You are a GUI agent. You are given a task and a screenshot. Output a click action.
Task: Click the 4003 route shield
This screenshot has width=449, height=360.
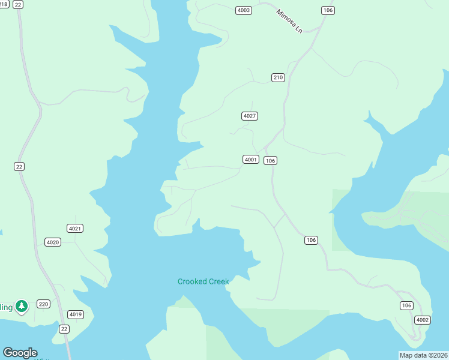click(x=244, y=10)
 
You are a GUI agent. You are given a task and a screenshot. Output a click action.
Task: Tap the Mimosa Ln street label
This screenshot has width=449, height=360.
click(x=289, y=21)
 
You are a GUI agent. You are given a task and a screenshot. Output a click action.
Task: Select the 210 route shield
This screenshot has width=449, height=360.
click(x=277, y=77)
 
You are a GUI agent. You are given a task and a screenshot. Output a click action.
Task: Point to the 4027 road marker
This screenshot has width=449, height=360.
click(x=250, y=116)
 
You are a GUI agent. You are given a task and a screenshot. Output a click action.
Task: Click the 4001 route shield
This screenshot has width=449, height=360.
click(x=250, y=159)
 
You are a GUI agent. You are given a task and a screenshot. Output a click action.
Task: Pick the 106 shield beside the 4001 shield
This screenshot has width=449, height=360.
click(x=270, y=160)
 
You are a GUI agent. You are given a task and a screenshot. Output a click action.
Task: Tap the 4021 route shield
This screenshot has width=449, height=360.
click(x=75, y=228)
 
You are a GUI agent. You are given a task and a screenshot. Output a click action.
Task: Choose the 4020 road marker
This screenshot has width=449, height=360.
click(x=53, y=242)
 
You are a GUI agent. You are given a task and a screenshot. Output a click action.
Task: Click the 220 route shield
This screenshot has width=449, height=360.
click(x=43, y=304)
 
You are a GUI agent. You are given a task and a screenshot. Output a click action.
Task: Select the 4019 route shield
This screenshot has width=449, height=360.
click(x=76, y=314)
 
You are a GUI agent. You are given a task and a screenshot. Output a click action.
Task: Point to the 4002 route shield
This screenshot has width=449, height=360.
click(x=423, y=320)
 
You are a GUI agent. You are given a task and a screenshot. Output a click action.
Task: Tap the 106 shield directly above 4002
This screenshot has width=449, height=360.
click(x=406, y=305)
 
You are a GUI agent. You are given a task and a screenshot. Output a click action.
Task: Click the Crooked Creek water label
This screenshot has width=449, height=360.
click(x=203, y=281)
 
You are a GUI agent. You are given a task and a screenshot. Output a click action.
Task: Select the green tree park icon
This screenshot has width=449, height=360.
click(x=22, y=307)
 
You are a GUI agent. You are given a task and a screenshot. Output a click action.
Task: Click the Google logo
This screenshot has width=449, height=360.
click(x=20, y=353)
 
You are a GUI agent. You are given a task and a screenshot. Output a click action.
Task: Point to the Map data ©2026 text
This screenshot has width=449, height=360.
click(x=423, y=355)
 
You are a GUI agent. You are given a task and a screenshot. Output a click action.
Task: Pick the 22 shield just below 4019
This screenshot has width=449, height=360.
click(x=64, y=328)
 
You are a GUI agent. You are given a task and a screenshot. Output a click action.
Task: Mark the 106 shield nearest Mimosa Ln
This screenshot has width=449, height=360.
click(x=328, y=10)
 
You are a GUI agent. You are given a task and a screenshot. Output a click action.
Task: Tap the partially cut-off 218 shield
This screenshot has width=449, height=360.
click(x=4, y=4)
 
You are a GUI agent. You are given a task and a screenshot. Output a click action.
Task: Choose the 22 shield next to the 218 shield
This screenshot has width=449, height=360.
click(x=18, y=4)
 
